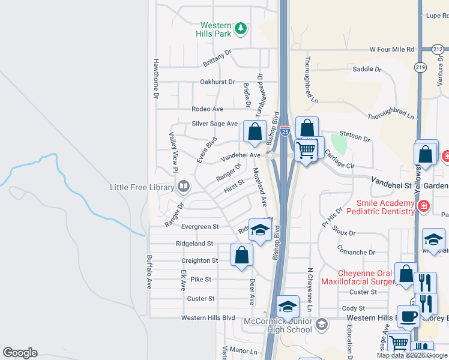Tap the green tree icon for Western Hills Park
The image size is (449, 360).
[x=240, y=28]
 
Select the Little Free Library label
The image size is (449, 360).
[x=142, y=187]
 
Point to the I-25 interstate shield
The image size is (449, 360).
[x=285, y=130]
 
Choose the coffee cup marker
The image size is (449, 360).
[x=408, y=316]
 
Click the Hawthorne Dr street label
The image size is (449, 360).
[x=155, y=79]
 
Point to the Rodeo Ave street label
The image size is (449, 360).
[x=207, y=109]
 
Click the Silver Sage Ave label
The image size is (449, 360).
[x=215, y=124]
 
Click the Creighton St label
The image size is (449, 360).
[x=200, y=261]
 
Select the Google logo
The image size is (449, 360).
[x=20, y=353]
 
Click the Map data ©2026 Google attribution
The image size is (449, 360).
[x=411, y=355]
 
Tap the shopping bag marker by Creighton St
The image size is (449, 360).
[x=241, y=254]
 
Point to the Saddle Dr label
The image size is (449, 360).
[x=367, y=69]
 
